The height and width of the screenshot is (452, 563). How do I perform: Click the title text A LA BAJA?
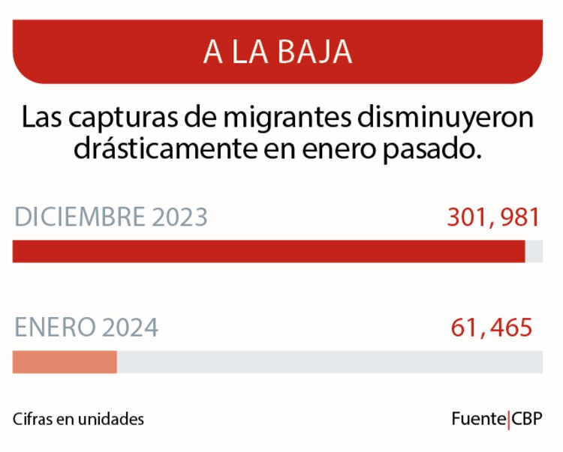pyautogui.click(x=278, y=52)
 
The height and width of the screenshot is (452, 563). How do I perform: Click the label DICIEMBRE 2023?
pyautogui.click(x=110, y=217)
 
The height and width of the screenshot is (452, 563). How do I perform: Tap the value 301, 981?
pyautogui.click(x=493, y=217)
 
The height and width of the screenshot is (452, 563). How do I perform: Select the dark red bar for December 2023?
pyautogui.click(x=268, y=251)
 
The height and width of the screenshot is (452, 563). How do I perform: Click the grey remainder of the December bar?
pyautogui.click(x=534, y=251)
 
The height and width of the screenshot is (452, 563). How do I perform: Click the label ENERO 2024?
pyautogui.click(x=86, y=328)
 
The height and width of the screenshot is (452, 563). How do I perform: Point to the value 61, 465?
pyautogui.click(x=492, y=328)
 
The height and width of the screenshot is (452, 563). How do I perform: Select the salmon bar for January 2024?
pyautogui.click(x=65, y=362)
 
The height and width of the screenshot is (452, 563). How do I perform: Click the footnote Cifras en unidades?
pyautogui.click(x=78, y=419)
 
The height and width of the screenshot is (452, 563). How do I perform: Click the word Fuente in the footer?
pyautogui.click(x=478, y=419)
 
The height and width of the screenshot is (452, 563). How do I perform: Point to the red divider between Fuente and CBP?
pyautogui.click(x=509, y=419)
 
